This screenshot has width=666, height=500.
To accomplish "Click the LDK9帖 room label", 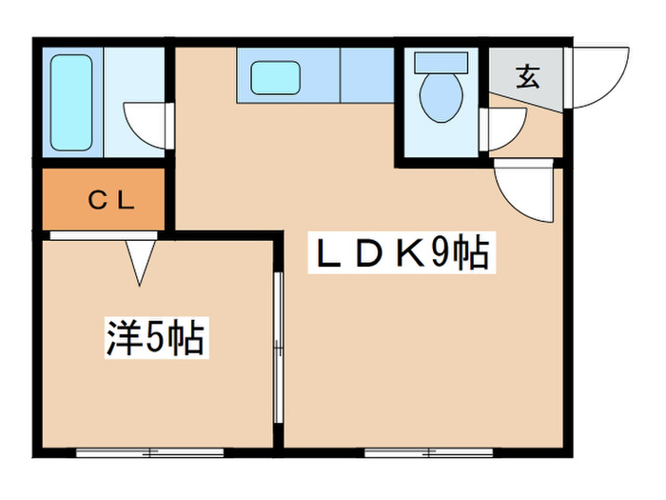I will [400, 253].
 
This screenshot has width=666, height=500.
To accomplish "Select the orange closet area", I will [105, 200].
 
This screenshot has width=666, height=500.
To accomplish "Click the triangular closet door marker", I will [141, 260].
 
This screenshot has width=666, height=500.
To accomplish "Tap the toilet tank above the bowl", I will [440, 60].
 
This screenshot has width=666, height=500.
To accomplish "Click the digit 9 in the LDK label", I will [441, 254].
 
